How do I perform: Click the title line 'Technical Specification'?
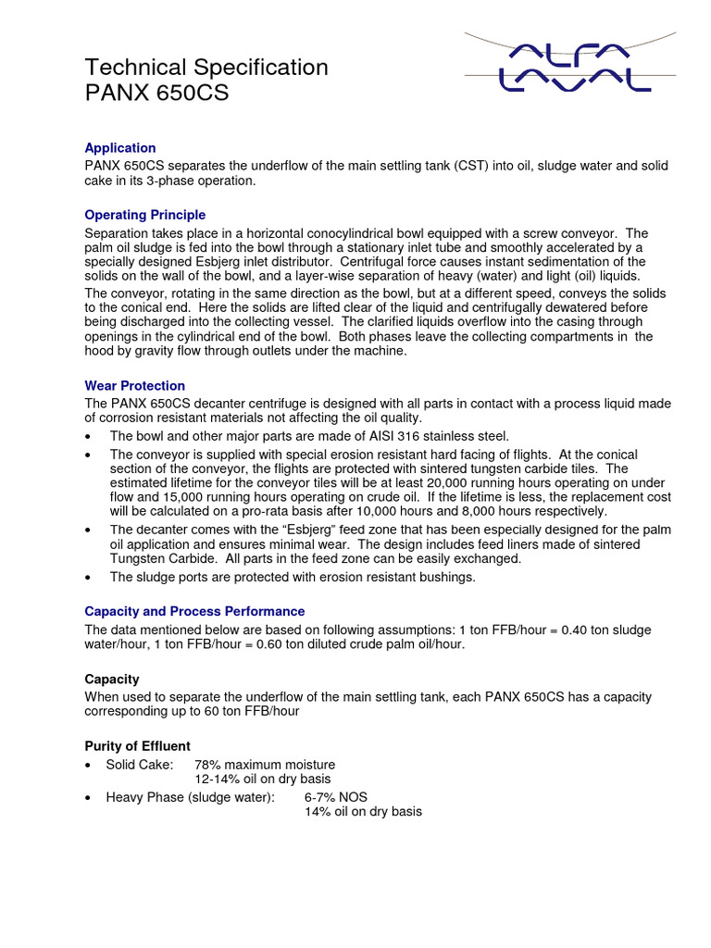tap(206, 68)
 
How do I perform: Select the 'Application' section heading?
tap(120, 148)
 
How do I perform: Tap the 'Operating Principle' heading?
tap(144, 215)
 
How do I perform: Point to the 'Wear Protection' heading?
tap(134, 385)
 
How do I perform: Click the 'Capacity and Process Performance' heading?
tap(194, 611)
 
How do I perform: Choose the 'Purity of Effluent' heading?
tap(137, 745)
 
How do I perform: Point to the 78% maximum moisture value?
tap(265, 765)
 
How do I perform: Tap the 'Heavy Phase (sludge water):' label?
tap(190, 797)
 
